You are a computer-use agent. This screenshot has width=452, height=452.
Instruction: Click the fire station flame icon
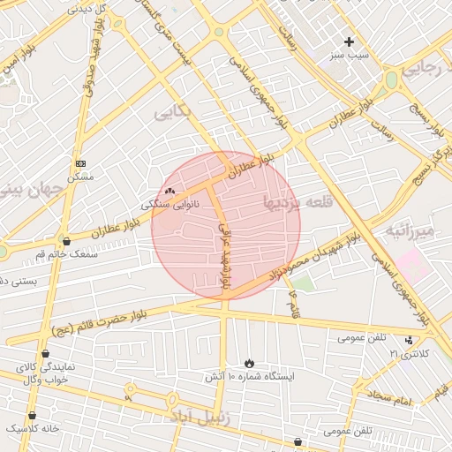coord(250,363)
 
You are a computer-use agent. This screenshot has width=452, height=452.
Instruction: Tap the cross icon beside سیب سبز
coord(350,41)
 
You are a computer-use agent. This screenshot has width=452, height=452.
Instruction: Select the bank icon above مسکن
coord(81,163)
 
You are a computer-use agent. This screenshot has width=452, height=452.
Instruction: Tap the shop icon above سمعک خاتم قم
coord(66,240)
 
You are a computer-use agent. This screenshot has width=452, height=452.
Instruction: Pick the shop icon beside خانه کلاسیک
coord(33,415)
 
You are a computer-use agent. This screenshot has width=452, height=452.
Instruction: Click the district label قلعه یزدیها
coord(298,202)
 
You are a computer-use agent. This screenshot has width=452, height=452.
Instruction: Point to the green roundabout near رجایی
coord(391,80)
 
